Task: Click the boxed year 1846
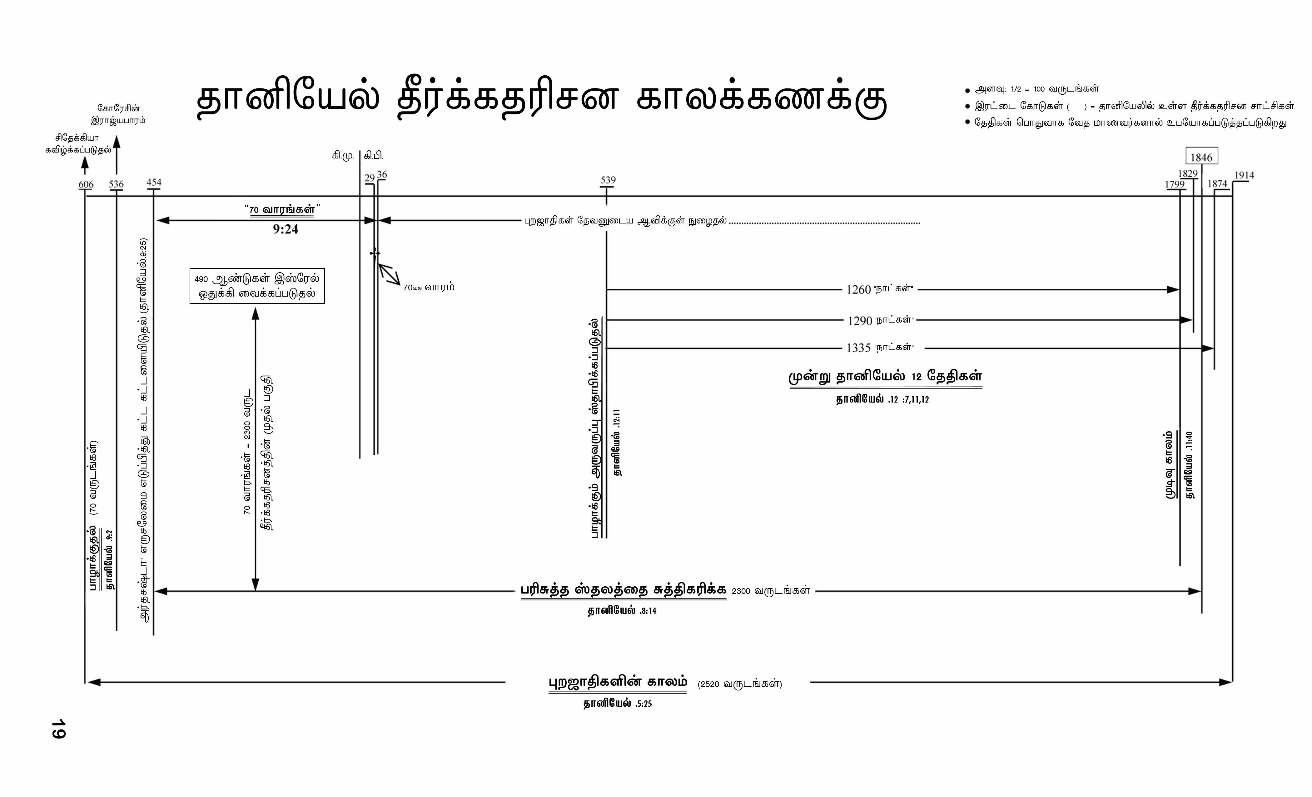coord(1201,157)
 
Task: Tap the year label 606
coord(86,184)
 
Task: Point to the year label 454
coord(154,182)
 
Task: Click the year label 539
coord(608,180)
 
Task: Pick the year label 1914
coord(1244,175)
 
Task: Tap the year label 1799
coord(1175,184)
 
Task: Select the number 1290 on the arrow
coord(859,321)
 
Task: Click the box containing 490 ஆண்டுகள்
coord(257,287)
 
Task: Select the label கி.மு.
coord(343,156)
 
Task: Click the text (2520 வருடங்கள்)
coord(740,684)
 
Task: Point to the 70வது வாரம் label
coord(429,288)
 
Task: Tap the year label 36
coord(382,175)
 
